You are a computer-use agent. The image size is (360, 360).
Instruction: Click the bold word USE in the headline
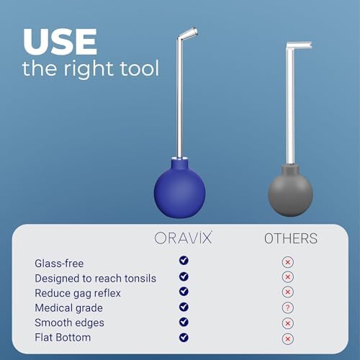[60, 42]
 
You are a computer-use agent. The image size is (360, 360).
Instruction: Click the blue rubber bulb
[179, 189]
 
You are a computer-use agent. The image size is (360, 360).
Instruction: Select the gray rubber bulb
[290, 191]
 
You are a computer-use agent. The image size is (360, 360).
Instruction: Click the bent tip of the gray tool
[299, 45]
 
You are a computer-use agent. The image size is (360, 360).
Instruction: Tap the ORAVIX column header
[184, 238]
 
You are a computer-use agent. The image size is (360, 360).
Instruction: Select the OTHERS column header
[291, 238]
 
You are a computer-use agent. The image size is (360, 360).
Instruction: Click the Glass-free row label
[59, 264]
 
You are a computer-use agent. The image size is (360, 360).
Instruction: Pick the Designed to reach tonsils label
[96, 279]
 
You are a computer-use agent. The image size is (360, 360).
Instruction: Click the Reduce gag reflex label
[78, 293]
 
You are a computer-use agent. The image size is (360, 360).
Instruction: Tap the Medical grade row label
[69, 308]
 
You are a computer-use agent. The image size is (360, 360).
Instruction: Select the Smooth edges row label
[70, 323]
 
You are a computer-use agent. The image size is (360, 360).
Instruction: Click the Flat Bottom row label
[63, 338]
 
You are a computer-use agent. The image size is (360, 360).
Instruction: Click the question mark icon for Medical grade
[288, 307]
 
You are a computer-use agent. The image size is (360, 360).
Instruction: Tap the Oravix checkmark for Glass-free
[184, 261]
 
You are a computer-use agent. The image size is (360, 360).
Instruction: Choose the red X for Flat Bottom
[288, 339]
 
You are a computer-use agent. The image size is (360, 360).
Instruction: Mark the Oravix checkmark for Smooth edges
[184, 322]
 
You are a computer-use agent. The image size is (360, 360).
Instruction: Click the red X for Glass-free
[288, 262]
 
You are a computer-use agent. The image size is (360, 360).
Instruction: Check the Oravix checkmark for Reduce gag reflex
[184, 292]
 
